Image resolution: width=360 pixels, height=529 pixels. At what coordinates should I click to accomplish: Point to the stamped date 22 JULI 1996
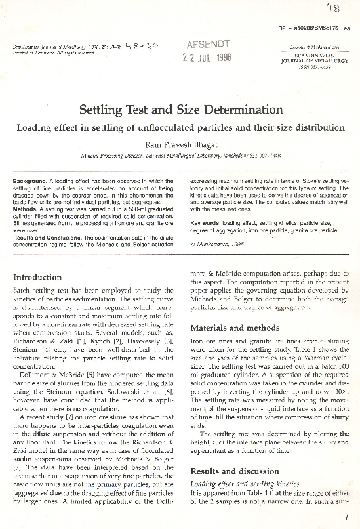(x=208, y=57)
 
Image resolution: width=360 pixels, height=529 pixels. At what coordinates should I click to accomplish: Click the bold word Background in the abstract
(x=30, y=180)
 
